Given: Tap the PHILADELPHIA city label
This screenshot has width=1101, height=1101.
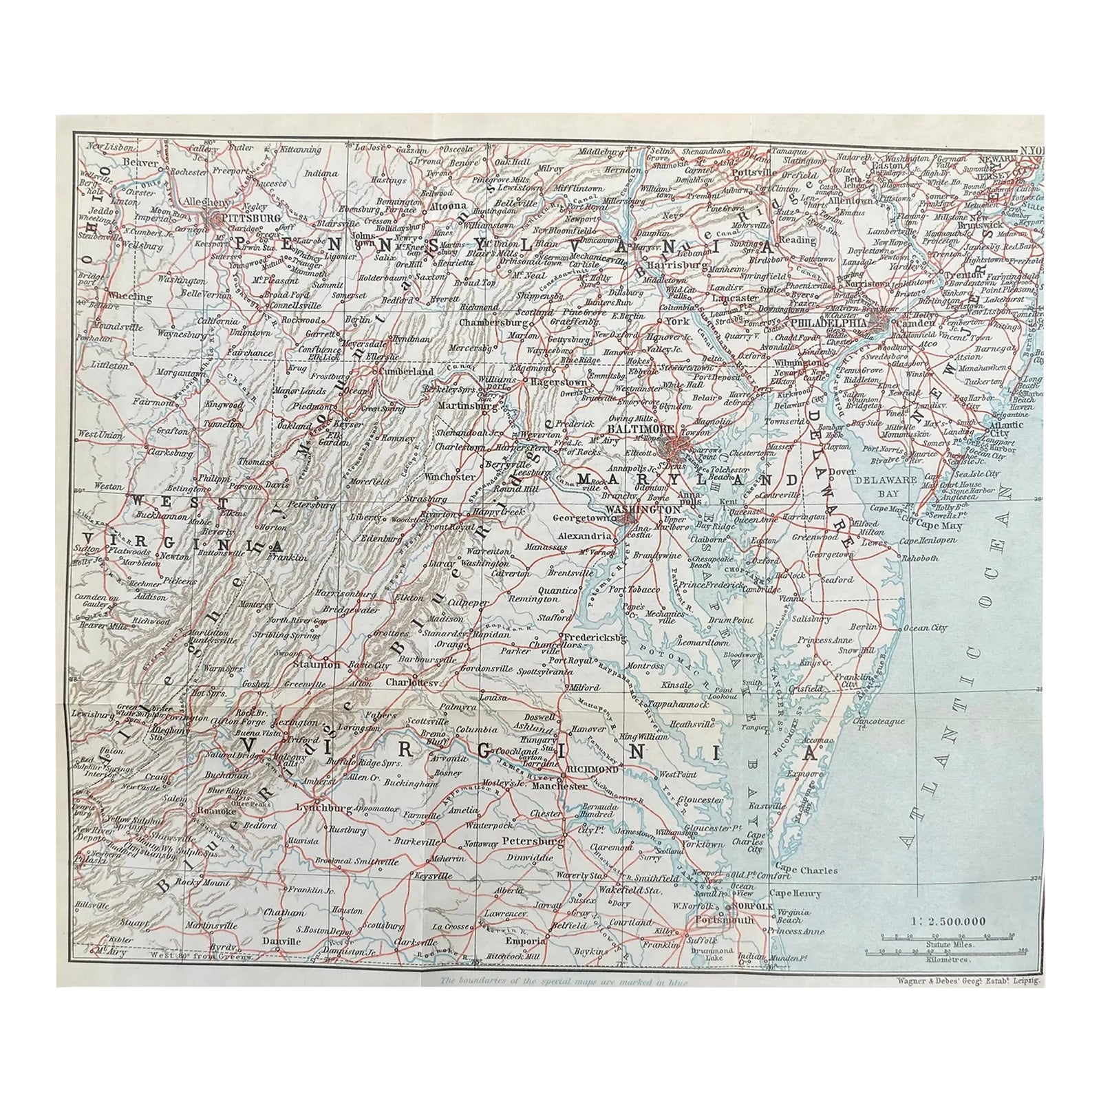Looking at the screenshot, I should point(828,322).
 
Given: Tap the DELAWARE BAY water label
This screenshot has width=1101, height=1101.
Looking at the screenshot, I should point(888,484).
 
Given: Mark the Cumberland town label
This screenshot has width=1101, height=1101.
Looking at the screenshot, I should point(403,372).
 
